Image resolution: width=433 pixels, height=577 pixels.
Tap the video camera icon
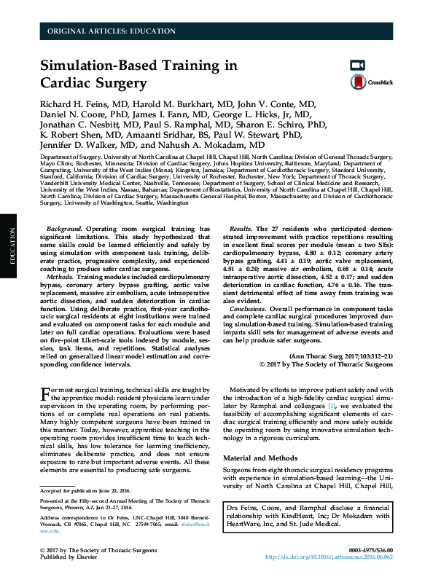pyautogui.click(x=357, y=65)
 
